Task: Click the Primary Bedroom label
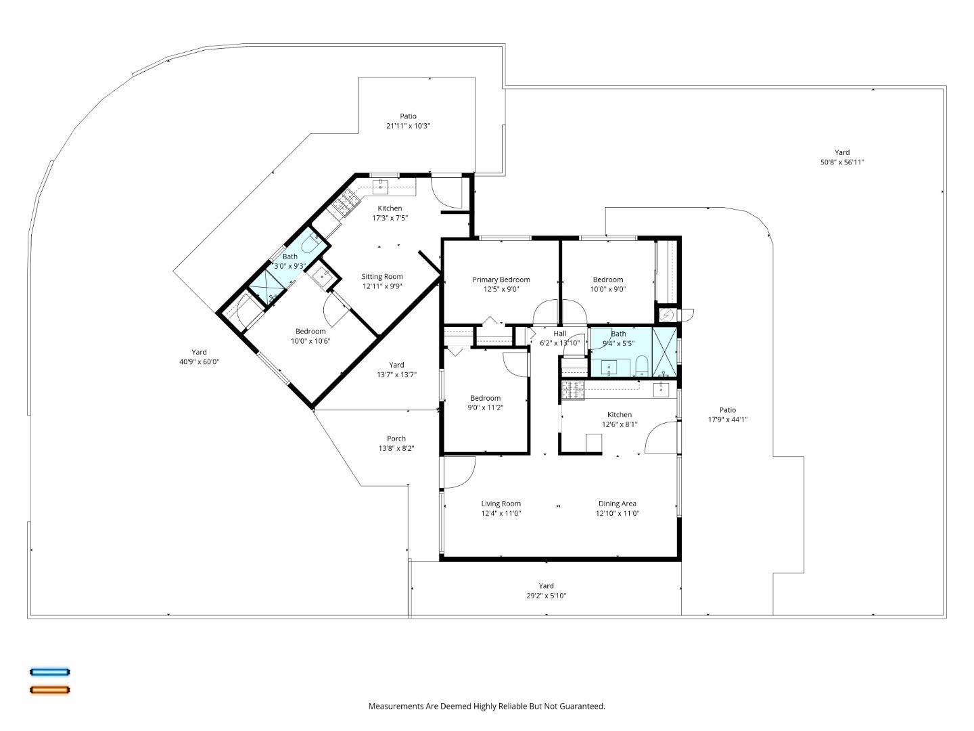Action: point(501,280)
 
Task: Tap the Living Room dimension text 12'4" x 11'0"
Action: point(501,513)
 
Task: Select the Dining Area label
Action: point(617,504)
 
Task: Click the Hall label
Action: point(559,334)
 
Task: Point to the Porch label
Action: point(396,439)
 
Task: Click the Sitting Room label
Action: point(381,276)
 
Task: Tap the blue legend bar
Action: point(49,672)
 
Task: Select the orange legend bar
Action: point(49,690)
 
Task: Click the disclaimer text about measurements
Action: point(486,706)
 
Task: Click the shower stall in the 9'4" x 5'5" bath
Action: point(664,351)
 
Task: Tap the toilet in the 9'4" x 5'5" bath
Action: point(641,366)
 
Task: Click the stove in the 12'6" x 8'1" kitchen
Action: point(573,390)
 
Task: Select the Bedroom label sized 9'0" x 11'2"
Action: point(485,398)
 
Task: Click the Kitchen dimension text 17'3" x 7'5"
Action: point(390,218)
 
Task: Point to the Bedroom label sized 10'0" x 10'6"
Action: point(310,331)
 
